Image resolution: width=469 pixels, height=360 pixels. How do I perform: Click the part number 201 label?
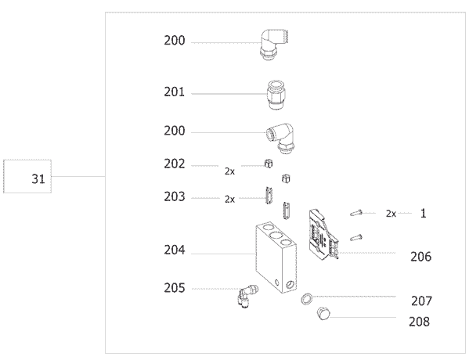tap(175, 92)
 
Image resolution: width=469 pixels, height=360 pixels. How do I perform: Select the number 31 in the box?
tap(38, 178)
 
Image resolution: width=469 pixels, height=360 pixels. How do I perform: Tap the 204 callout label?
tap(175, 250)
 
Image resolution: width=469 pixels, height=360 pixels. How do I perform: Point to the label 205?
tap(175, 288)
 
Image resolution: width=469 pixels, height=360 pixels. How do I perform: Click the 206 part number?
tap(420, 257)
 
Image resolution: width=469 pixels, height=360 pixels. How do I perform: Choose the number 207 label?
tap(421, 301)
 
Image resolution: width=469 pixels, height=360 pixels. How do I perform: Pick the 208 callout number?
tap(420, 322)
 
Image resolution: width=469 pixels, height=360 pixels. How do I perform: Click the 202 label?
tap(175, 164)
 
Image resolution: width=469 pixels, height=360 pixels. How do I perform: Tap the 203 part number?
tap(175, 196)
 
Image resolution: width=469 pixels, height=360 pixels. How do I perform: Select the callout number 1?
tap(424, 214)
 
